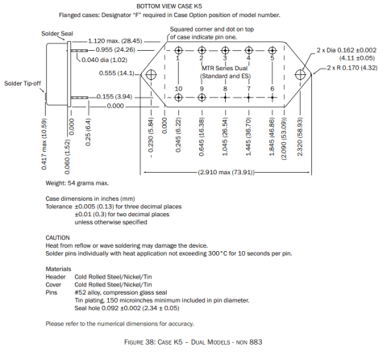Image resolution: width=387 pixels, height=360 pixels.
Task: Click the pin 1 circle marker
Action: point(178,50)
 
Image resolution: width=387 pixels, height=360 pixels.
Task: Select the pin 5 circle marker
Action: point(273,50)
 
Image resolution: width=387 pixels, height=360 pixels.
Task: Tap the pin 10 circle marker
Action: point(178,98)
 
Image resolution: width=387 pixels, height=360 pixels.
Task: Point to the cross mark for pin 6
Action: point(273,98)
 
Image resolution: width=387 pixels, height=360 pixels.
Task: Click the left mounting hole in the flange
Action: point(151,74)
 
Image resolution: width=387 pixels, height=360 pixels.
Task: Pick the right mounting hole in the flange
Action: point(300,74)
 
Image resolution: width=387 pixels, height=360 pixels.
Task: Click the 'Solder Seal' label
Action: point(57,34)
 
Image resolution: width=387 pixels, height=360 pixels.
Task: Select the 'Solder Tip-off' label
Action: point(23,83)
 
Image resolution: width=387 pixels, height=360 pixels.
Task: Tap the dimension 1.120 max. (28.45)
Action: point(115,41)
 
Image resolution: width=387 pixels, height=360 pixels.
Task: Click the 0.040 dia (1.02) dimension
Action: point(104,60)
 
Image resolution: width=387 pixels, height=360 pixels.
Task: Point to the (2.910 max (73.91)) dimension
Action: point(226,172)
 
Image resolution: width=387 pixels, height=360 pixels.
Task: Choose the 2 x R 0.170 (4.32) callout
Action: point(352,68)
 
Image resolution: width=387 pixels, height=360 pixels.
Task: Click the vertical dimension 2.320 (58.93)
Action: point(300,136)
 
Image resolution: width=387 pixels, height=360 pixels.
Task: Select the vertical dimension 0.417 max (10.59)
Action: point(44,144)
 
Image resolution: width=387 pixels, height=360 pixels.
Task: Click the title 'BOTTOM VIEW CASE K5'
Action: point(169,6)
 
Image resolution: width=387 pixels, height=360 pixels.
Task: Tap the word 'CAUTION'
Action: point(57,238)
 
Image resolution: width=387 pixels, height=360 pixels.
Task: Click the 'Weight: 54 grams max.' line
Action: point(77,183)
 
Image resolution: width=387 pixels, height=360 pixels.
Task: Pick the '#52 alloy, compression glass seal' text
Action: point(121,292)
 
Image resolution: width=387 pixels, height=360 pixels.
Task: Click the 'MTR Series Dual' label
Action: point(225,69)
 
